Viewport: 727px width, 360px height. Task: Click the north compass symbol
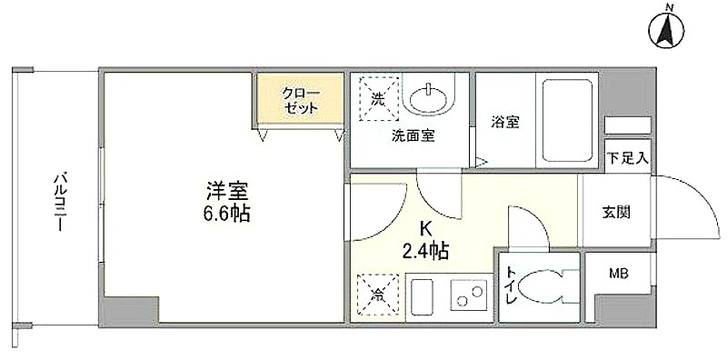[668, 30]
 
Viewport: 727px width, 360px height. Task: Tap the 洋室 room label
[227, 191]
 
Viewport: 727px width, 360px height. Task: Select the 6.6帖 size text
[226, 215]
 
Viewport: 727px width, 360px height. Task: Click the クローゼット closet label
[300, 100]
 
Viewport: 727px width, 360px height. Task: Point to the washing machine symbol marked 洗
[378, 99]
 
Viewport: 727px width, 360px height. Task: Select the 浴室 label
[505, 122]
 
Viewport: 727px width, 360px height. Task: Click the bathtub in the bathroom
[567, 120]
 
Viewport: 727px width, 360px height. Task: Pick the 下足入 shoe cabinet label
[627, 159]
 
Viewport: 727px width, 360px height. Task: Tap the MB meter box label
[618, 275]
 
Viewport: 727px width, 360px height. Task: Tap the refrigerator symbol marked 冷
[377, 295]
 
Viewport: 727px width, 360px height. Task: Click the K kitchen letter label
[425, 229]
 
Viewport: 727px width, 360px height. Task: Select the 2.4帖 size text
[424, 251]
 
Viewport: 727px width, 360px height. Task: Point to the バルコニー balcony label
[59, 202]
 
